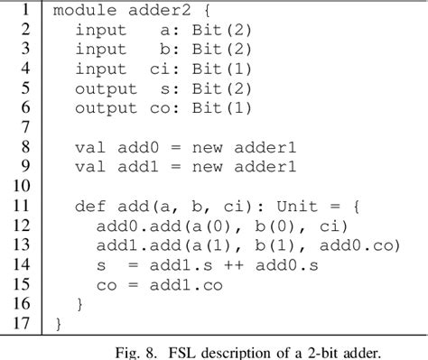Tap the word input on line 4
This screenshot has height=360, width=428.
[100, 68]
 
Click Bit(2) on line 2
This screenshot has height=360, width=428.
[222, 30]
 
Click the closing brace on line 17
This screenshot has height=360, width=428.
[59, 323]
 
